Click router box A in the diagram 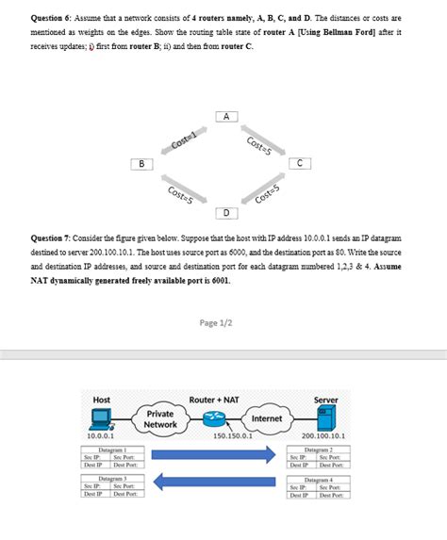click(x=225, y=116)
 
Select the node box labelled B click(x=141, y=164)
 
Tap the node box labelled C click(x=300, y=163)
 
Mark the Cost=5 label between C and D click(x=269, y=194)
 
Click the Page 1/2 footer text click(x=223, y=323)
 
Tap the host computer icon click(x=102, y=419)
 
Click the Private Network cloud click(x=159, y=419)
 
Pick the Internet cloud click(x=268, y=418)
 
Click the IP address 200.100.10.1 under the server click(x=323, y=436)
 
